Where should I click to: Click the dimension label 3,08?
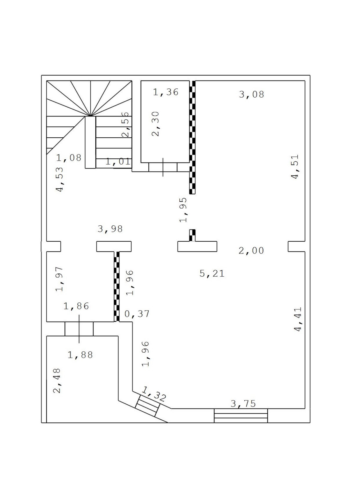251,94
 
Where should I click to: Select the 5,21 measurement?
212,273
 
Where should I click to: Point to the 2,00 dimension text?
251,251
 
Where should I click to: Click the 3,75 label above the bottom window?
243,404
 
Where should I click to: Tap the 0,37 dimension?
137,314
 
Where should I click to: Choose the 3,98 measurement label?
110,229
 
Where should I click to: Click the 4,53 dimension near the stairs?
60,179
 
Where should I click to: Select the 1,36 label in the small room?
166,92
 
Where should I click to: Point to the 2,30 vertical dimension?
155,124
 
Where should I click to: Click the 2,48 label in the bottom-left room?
57,381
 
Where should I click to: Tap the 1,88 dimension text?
80,355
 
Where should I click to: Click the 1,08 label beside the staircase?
69,158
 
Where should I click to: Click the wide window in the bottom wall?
241,415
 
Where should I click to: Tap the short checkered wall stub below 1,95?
192,235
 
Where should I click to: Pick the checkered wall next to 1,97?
117,286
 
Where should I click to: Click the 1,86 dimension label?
76,306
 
